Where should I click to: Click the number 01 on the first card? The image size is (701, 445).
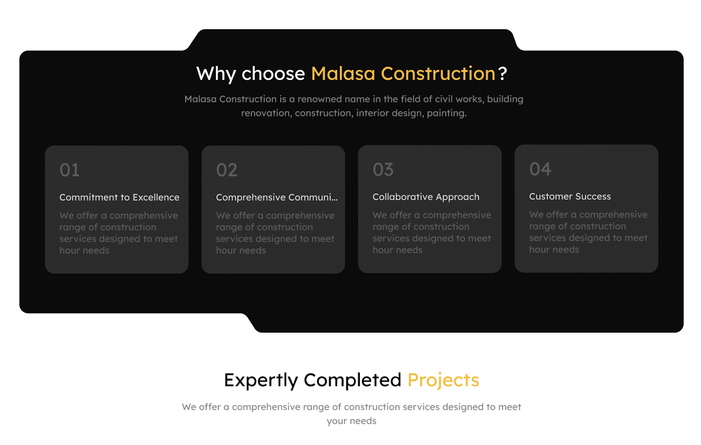pyautogui.click(x=69, y=170)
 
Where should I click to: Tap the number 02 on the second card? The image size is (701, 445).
pyautogui.click(x=227, y=170)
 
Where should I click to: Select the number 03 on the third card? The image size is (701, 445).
pyautogui.click(x=383, y=169)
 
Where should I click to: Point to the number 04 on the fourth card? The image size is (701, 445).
pyautogui.click(x=540, y=169)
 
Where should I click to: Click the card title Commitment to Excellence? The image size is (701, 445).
pyautogui.click(x=119, y=197)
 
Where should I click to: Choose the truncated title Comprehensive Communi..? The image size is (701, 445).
pyautogui.click(x=277, y=197)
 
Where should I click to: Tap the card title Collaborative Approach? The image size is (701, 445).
pyautogui.click(x=426, y=197)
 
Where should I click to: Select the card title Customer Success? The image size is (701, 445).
pyautogui.click(x=570, y=196)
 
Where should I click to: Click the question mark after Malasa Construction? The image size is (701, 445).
pyautogui.click(x=502, y=73)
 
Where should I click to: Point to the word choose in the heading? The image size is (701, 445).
pyautogui.click(x=273, y=74)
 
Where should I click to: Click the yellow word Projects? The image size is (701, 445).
pyautogui.click(x=443, y=380)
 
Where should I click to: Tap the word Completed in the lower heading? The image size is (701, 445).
pyautogui.click(x=352, y=380)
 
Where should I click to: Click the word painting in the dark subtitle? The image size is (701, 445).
pyautogui.click(x=447, y=113)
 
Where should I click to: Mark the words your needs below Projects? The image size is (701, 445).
pyautogui.click(x=351, y=421)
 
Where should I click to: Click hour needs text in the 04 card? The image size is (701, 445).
pyautogui.click(x=554, y=250)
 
